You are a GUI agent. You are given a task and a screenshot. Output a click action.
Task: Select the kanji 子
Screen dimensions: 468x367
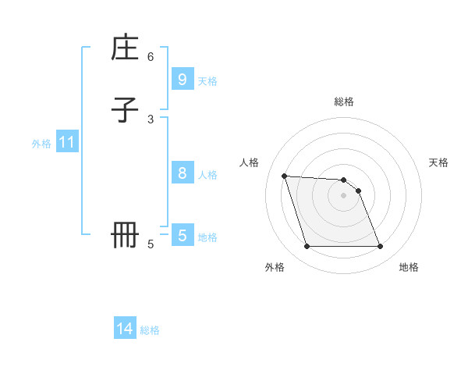(x=126, y=110)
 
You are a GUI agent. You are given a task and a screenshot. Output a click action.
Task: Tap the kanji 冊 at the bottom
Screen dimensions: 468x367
(x=126, y=235)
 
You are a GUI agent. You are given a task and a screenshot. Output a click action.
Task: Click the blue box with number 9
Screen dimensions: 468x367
(x=182, y=80)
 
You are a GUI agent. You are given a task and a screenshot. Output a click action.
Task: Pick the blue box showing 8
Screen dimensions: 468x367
(x=182, y=173)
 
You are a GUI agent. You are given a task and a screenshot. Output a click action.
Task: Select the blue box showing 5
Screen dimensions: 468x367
(x=182, y=235)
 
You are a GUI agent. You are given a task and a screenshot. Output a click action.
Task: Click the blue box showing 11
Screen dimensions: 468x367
(x=66, y=142)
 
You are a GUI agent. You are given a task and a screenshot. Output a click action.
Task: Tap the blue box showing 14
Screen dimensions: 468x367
(x=125, y=329)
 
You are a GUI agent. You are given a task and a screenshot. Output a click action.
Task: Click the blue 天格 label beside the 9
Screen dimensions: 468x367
(x=207, y=81)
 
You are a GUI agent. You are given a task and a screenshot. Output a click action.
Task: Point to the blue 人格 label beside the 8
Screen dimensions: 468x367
(x=207, y=175)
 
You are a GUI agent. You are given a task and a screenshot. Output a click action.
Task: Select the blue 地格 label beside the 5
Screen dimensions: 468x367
(x=207, y=237)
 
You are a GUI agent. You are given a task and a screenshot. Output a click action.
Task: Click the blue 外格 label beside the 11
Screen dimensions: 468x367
(x=41, y=144)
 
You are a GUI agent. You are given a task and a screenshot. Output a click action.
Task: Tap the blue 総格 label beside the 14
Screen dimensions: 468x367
(x=150, y=330)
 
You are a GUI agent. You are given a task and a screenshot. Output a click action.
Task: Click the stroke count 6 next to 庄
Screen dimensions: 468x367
(x=151, y=57)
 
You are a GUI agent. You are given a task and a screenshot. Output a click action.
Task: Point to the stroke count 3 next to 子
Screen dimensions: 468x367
(x=151, y=119)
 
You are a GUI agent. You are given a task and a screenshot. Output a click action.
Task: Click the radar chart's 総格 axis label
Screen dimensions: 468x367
(x=344, y=102)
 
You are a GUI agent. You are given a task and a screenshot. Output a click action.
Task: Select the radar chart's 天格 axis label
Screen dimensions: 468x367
(x=439, y=162)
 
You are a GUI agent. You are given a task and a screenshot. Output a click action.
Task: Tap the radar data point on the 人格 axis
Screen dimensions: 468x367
(x=284, y=176)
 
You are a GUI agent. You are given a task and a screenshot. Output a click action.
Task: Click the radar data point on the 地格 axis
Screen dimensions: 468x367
(x=380, y=247)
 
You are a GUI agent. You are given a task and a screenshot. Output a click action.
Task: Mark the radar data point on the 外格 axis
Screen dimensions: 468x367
(x=307, y=247)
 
